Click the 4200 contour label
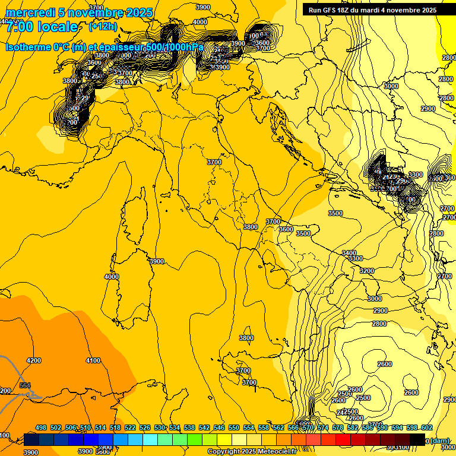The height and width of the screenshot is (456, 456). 34,360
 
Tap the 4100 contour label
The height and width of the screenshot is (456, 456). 93,360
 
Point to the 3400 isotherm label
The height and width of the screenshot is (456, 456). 349,252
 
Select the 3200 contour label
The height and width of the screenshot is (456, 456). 367,271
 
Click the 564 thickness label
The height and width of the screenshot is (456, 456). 25,386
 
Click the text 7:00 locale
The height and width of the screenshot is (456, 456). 42,27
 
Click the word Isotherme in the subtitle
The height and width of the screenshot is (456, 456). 29,47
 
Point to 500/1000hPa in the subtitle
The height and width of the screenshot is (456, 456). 173,47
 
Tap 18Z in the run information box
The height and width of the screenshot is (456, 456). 344,10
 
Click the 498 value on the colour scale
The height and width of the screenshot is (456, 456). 41,427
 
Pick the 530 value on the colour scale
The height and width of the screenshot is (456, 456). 160,427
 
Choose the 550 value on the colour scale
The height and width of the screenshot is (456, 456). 234,427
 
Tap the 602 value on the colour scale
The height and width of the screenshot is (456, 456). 426,427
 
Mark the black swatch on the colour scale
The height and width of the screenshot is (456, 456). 417,439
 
